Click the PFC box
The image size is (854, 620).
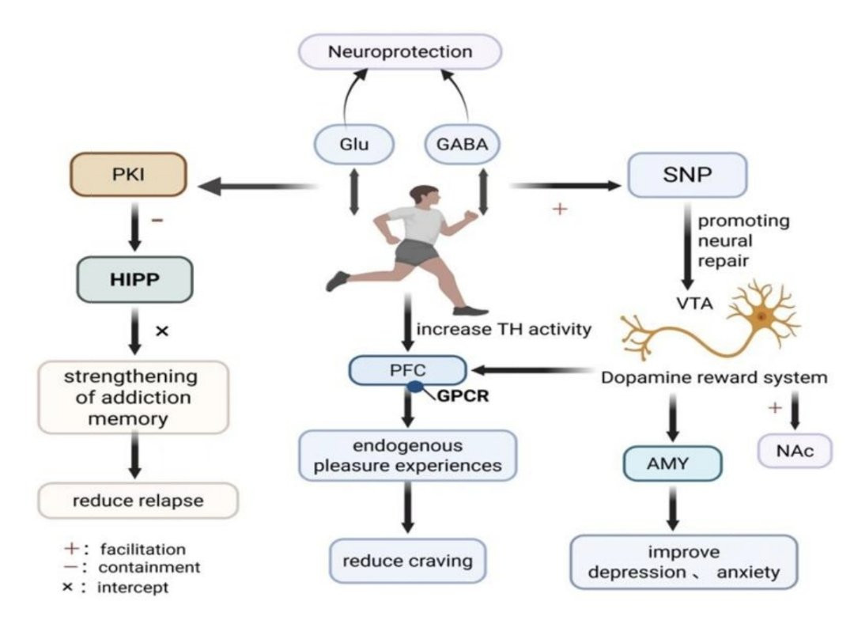[408, 369]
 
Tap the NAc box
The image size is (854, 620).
[794, 451]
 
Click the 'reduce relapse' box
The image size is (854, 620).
[138, 501]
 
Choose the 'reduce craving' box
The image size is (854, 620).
[407, 561]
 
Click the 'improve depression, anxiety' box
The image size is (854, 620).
[683, 561]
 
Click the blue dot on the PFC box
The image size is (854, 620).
[414, 387]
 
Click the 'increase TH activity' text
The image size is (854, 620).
[504, 329]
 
